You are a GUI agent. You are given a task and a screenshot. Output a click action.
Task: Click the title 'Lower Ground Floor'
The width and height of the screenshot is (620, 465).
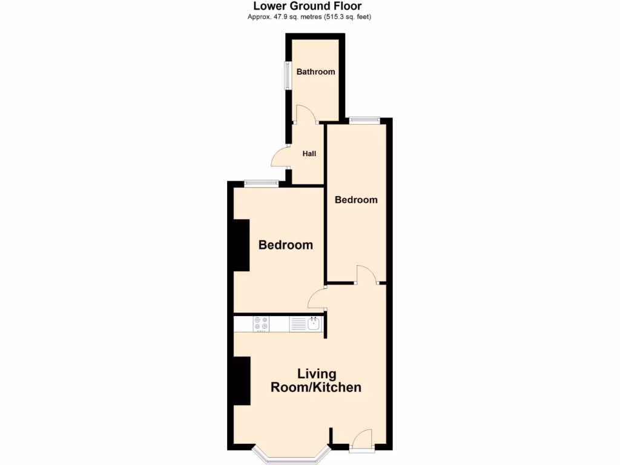tap(309, 6)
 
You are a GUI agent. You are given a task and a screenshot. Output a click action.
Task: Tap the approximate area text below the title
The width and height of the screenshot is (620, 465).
tap(309, 17)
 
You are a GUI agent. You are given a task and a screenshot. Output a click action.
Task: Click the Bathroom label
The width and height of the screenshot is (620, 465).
tap(315, 71)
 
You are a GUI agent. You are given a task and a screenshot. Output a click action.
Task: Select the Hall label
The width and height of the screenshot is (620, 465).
tap(309, 154)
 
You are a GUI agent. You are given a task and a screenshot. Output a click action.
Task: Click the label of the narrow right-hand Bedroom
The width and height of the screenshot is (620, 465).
tap(356, 200)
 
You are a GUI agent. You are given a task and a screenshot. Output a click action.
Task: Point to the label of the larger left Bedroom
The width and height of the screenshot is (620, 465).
tap(285, 245)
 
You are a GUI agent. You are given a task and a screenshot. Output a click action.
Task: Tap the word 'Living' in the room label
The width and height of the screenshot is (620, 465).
tap(316, 374)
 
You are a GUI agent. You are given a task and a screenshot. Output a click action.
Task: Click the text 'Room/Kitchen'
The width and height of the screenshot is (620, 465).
tap(316, 387)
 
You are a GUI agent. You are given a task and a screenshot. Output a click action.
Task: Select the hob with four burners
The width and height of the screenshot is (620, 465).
tap(261, 324)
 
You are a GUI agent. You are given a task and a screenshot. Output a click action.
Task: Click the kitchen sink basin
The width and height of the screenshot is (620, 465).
tap(314, 324)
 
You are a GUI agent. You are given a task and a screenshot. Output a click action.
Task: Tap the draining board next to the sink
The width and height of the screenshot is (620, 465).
tap(298, 325)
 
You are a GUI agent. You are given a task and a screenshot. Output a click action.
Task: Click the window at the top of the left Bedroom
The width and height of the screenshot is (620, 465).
tap(261, 183)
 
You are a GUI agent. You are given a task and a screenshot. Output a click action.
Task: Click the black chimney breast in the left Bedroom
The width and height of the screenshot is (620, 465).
tap(242, 245)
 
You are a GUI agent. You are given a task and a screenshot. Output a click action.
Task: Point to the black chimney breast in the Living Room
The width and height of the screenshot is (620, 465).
tap(242, 381)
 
